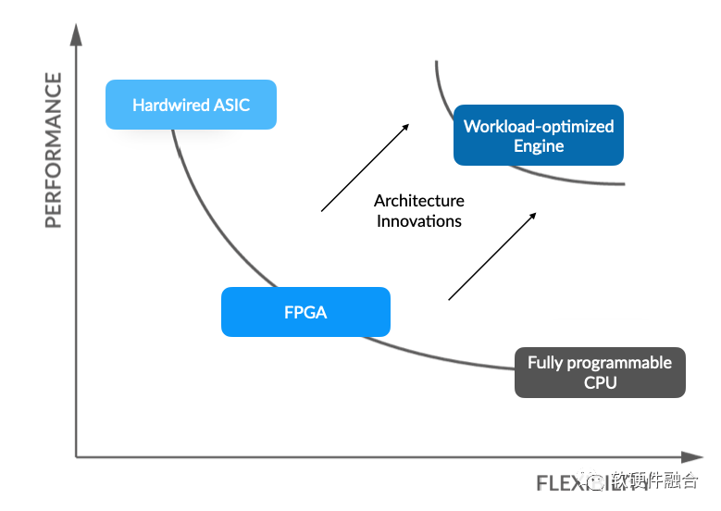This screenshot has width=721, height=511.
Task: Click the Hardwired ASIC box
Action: coord(191,105)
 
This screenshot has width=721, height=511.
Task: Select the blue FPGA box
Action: coord(305,312)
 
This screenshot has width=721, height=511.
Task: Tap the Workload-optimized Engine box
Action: coord(539,136)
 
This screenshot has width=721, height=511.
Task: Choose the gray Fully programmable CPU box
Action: coord(600,372)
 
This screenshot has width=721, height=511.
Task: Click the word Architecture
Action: coord(419,201)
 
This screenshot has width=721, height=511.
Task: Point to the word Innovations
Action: coord(419,221)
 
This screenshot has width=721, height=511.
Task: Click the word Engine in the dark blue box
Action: coord(539,146)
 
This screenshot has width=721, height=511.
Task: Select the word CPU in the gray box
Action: coord(600,382)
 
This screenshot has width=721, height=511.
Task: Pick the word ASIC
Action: coord(231,105)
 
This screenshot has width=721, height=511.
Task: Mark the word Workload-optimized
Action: coord(539,126)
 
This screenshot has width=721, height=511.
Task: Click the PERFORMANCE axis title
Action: coord(54,150)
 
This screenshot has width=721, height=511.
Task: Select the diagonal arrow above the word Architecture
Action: coord(365,168)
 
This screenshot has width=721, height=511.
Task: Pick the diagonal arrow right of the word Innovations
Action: coord(492,256)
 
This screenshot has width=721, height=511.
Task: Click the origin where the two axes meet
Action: coord(77,456)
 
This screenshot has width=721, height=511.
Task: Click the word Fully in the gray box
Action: coord(546,363)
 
